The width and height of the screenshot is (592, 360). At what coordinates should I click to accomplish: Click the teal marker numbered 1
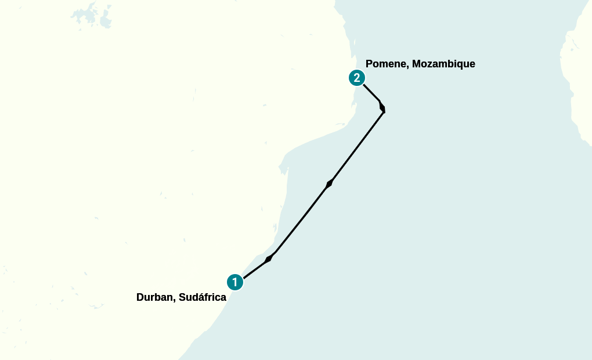234,282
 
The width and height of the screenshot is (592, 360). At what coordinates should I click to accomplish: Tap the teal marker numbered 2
356,78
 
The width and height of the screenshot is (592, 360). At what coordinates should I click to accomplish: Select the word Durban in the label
155,297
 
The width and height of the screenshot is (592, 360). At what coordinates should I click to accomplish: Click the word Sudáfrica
203,297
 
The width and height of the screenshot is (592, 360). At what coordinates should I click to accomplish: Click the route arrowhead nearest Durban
268,258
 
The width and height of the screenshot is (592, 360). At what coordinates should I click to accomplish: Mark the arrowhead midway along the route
330,183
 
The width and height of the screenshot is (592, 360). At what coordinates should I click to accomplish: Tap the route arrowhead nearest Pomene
381,106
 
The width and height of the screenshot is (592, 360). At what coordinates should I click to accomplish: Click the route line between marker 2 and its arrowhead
371,92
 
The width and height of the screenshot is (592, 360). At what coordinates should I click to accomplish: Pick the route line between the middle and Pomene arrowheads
357,147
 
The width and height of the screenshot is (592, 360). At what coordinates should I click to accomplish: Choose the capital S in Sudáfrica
182,297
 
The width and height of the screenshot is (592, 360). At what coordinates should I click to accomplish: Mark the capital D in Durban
140,297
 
